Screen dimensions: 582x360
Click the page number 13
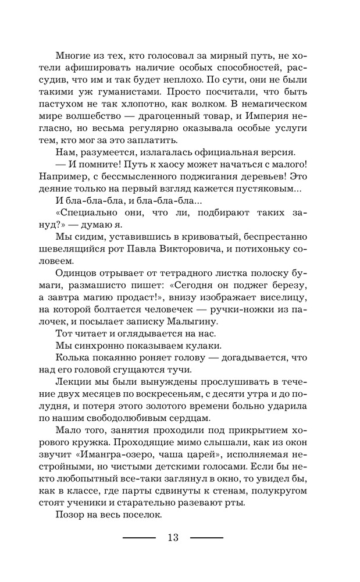(173, 537)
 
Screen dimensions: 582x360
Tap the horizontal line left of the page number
(139, 537)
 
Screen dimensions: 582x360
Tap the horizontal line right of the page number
(206, 537)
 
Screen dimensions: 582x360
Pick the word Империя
(279, 117)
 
